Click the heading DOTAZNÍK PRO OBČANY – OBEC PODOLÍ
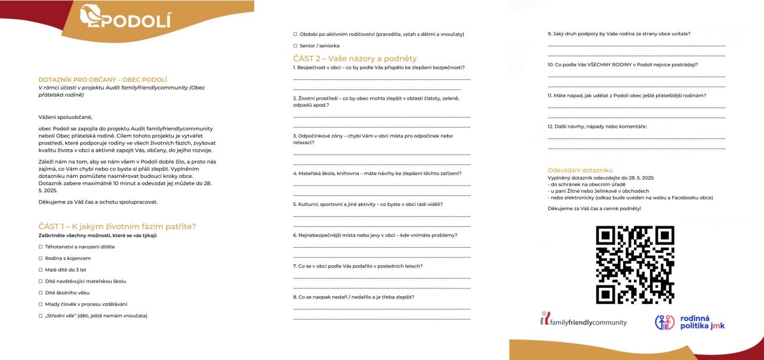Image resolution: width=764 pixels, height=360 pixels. [x=102, y=79]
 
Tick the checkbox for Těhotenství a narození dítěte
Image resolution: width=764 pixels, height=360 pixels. [x=41, y=247]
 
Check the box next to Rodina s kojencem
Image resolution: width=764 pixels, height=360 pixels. [x=41, y=258]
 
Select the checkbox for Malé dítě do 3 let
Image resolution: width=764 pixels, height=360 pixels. [x=41, y=270]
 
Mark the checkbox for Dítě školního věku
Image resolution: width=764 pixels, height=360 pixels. [x=41, y=293]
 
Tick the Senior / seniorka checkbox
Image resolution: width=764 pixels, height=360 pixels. [x=295, y=45]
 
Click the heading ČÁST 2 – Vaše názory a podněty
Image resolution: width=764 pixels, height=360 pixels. [x=355, y=59]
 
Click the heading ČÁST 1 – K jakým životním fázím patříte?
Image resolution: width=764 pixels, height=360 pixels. [x=117, y=226]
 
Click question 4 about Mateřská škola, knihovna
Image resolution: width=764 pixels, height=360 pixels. [x=377, y=173]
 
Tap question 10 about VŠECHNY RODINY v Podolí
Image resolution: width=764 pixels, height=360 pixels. [x=623, y=64]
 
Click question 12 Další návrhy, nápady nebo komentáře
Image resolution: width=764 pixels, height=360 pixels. [x=597, y=126]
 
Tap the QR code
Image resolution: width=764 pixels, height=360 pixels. [x=635, y=264]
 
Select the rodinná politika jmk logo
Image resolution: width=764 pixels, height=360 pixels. [x=689, y=322]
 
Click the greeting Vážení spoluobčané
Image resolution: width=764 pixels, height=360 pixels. [x=66, y=117]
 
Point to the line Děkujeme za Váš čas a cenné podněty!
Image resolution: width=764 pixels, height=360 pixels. [x=594, y=208]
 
